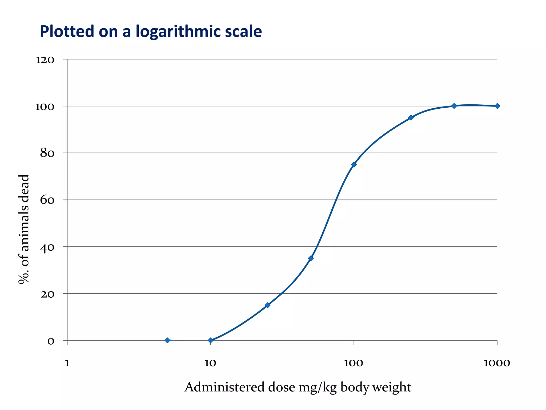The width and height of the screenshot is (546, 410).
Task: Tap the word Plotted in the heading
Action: pos(67,31)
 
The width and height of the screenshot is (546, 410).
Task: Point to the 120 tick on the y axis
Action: pos(45,60)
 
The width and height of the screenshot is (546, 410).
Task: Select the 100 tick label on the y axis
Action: pos(45,107)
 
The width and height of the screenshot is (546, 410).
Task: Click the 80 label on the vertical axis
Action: pos(47,153)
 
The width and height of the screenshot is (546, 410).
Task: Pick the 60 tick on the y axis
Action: pos(47,200)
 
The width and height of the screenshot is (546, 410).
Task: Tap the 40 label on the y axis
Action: pos(47,247)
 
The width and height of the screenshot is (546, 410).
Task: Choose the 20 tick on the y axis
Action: pos(47,294)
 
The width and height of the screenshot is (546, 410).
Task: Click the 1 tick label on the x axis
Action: pos(67,363)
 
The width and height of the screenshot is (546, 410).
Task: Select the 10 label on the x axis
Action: pos(210,363)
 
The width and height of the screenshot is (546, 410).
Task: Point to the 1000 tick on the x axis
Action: pos(497,363)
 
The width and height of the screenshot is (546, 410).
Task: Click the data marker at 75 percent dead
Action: pos(354,164)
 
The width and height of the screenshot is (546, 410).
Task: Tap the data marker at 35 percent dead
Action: pos(311,258)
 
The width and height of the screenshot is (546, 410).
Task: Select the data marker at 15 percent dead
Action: pos(267,305)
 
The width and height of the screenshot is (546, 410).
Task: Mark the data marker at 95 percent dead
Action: pos(411,118)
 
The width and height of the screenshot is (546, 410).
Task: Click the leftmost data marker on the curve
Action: pos(167,340)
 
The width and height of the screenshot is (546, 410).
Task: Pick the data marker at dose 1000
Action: pos(497,106)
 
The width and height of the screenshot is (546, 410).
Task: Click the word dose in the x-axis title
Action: pos(282,387)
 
